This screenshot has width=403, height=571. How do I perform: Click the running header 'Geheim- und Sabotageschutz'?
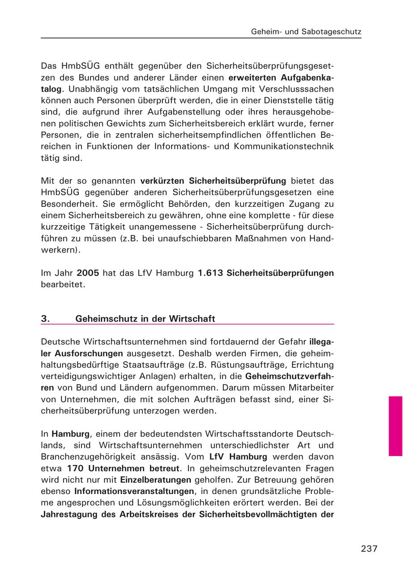[306, 32]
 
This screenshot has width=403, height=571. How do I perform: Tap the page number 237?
[369, 549]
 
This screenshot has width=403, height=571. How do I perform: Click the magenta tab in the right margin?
[395, 426]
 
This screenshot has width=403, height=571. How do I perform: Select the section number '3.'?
[45, 319]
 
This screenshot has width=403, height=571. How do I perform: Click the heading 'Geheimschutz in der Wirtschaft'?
[145, 319]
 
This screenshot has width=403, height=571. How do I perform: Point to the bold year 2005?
[88, 273]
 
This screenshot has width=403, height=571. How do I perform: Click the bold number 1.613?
[210, 273]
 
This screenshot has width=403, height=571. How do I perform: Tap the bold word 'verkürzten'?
[163, 181]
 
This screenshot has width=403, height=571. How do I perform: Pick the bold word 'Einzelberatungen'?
[149, 480]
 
